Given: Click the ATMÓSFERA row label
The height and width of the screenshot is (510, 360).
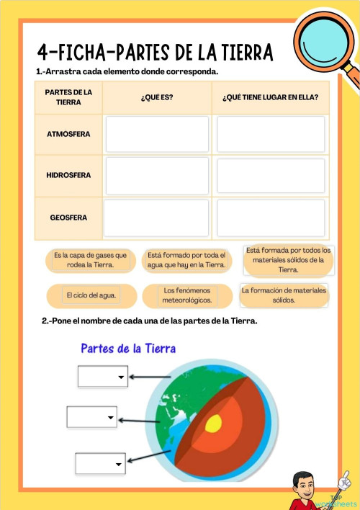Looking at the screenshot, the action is (68, 134).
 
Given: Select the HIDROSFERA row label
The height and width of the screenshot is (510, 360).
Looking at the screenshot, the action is (68, 175).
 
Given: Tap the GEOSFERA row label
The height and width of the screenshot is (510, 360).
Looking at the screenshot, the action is (68, 217).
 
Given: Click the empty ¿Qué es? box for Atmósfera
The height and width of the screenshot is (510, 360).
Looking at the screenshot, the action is (157, 134).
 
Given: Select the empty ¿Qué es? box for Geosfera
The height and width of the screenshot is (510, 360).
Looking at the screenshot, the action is (157, 218).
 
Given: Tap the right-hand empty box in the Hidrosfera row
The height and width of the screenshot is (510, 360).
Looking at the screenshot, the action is (271, 176).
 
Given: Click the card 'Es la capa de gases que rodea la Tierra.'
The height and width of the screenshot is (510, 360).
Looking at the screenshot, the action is (91, 259).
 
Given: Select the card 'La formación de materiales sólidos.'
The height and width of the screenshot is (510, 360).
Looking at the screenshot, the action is (284, 295).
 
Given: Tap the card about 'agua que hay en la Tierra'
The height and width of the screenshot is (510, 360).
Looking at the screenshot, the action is (186, 259).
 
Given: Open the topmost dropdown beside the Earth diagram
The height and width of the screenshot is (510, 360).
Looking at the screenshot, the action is (102, 376).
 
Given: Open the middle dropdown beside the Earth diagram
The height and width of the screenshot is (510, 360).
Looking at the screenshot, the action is (91, 417).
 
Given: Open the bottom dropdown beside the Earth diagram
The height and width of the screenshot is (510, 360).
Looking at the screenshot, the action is (100, 462).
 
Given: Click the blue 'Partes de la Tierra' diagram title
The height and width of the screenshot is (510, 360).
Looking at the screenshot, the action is (128, 349).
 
